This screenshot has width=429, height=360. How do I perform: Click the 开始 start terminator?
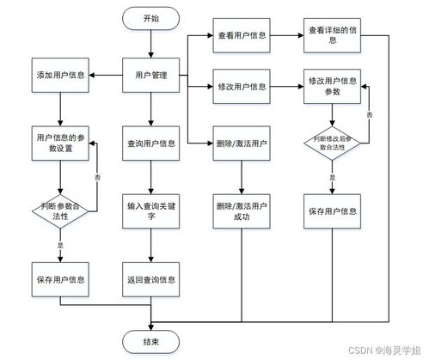click(x=151, y=18)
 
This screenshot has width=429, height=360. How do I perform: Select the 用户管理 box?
click(x=151, y=76)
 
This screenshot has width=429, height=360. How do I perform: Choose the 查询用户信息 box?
click(x=151, y=142)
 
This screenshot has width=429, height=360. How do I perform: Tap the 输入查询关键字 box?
click(x=151, y=210)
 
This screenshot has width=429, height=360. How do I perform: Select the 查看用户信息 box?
click(x=242, y=36)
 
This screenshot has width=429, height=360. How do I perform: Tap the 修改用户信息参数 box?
click(x=331, y=86)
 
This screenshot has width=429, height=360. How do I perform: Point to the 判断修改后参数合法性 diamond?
click(x=331, y=143)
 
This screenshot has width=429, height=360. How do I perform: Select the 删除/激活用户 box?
click(x=242, y=142)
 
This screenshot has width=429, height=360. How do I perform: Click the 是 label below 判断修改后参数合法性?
click(x=332, y=178)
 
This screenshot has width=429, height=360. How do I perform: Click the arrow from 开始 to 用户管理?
click(x=151, y=42)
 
